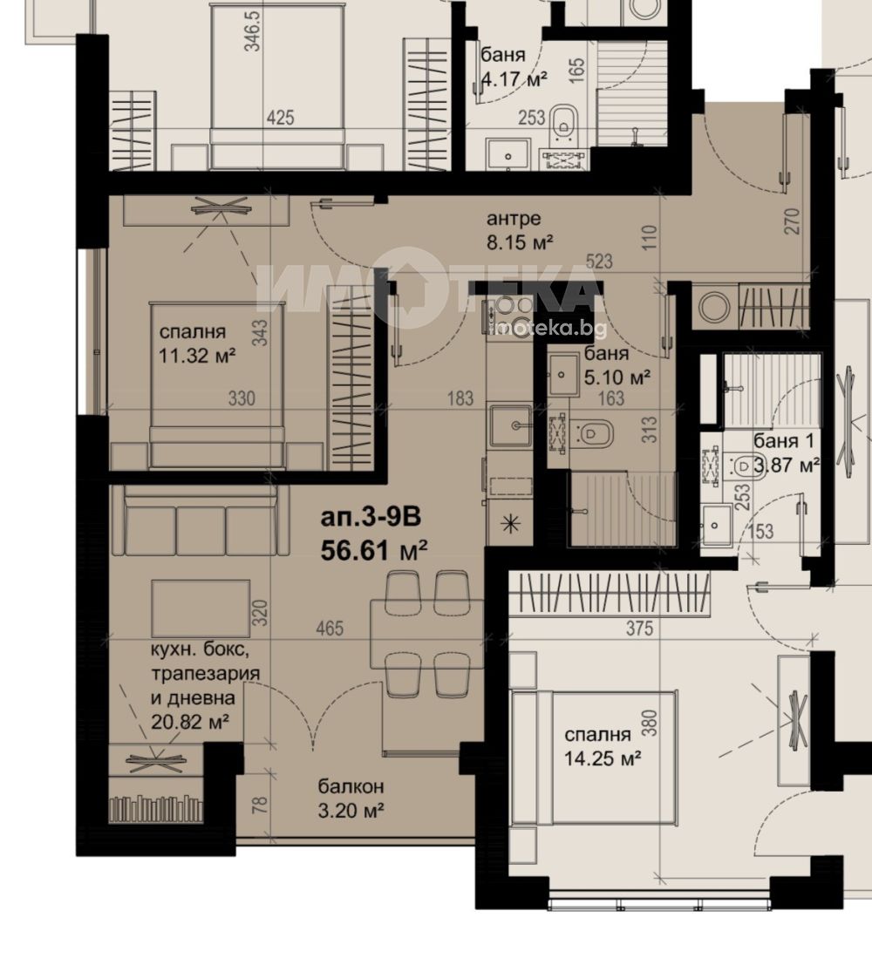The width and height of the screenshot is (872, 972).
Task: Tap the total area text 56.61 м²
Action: coord(374,550)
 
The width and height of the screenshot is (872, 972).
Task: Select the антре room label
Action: coord(514,218)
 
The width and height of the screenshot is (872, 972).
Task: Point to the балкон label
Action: coord(351,786)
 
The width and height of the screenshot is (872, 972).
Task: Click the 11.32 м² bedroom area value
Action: coord(197,356)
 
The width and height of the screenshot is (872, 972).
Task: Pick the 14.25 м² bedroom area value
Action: coord(603,758)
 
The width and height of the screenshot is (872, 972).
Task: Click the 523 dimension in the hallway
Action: coord(598,261)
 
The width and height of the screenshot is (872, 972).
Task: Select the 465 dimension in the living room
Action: coord(330,629)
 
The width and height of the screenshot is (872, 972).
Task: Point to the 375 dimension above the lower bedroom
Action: coord(639,629)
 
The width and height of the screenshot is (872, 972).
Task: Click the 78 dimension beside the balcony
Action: coord(261,804)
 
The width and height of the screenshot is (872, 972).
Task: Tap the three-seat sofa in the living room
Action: coord(201,520)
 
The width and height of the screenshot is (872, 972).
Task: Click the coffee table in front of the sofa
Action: coord(201,608)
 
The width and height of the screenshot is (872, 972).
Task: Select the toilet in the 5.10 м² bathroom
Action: coord(591,434)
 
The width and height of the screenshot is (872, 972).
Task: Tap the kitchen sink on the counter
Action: coord(510,426)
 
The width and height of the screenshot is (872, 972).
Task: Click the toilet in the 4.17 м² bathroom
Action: coord(564,119)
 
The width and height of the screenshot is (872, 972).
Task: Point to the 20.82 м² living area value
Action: coord(190,722)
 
